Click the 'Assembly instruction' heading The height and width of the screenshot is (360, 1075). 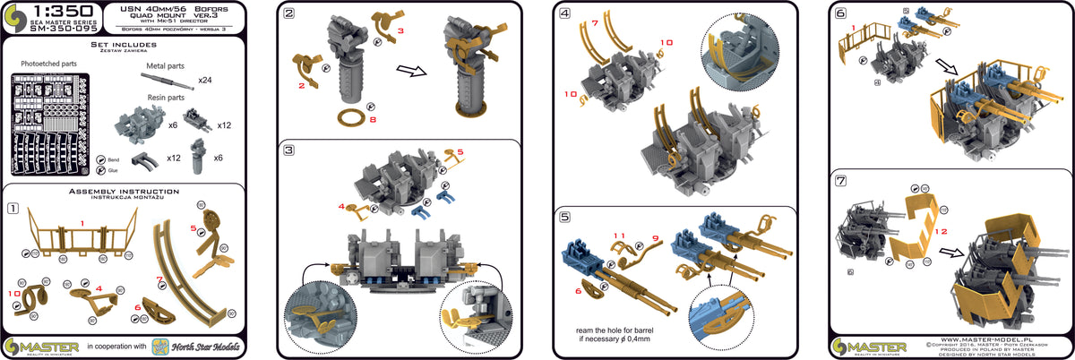pos(125,193)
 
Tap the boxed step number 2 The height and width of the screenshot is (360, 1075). pos(288,14)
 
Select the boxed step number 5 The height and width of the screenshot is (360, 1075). pos(564,216)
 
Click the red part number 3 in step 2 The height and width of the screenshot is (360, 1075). pos(400,31)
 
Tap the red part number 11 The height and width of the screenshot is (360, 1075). pos(618,236)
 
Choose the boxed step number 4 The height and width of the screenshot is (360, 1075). pos(564,14)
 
